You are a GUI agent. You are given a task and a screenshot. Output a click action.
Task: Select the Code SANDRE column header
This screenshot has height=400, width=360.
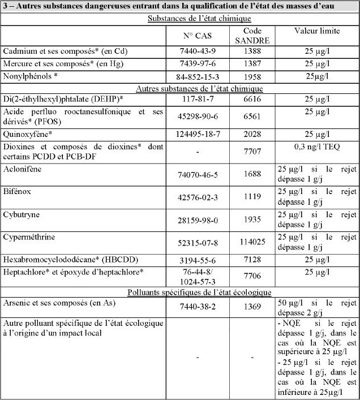pyautogui.click(x=251, y=36)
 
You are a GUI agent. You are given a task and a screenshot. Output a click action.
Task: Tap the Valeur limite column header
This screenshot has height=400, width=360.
pyautogui.click(x=317, y=31)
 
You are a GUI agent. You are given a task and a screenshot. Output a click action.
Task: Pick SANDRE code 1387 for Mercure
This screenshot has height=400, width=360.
pyautogui.click(x=251, y=63)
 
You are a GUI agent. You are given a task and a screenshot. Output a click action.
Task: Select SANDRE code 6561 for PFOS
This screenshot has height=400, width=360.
pyautogui.click(x=251, y=116)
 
